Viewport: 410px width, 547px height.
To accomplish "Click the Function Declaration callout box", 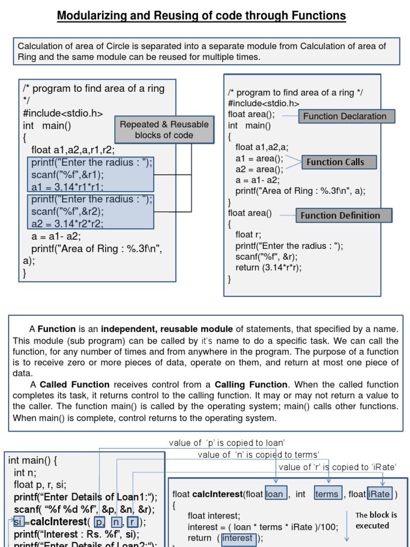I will pos(345,116).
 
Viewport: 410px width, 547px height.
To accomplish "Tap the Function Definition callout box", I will pos(344,215).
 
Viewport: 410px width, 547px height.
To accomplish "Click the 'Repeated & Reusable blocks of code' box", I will pos(164,130).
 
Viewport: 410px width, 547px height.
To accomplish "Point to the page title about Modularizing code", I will pos(202,16).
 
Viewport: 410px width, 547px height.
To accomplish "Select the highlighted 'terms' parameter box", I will pos(327,494).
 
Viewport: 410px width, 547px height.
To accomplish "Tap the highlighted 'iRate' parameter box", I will pos(380,494).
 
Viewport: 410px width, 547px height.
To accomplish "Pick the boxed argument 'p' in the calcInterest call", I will pos(99,522).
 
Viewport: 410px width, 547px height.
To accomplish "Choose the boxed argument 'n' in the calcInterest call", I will pos(115,522).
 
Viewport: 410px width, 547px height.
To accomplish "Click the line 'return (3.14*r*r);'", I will pos(269,268).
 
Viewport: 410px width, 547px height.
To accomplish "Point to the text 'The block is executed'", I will pos(376,520).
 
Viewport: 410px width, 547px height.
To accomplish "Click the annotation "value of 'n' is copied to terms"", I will pos(258,455).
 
